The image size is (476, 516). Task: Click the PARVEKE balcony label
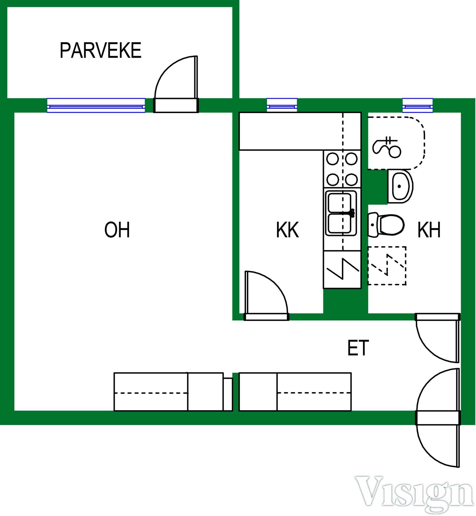click(x=100, y=50)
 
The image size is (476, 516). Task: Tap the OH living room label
click(x=117, y=230)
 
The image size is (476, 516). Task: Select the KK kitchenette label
click(x=288, y=230)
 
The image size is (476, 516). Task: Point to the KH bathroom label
click(x=429, y=230)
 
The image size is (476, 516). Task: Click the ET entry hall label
click(x=358, y=348)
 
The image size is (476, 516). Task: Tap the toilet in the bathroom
click(x=386, y=225)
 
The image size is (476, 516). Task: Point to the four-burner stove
click(x=342, y=169)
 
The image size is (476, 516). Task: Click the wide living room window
click(x=96, y=106)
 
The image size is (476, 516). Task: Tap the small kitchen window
click(x=282, y=105)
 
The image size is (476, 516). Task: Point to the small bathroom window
click(x=417, y=105)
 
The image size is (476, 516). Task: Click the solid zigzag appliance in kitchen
click(x=342, y=269)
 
